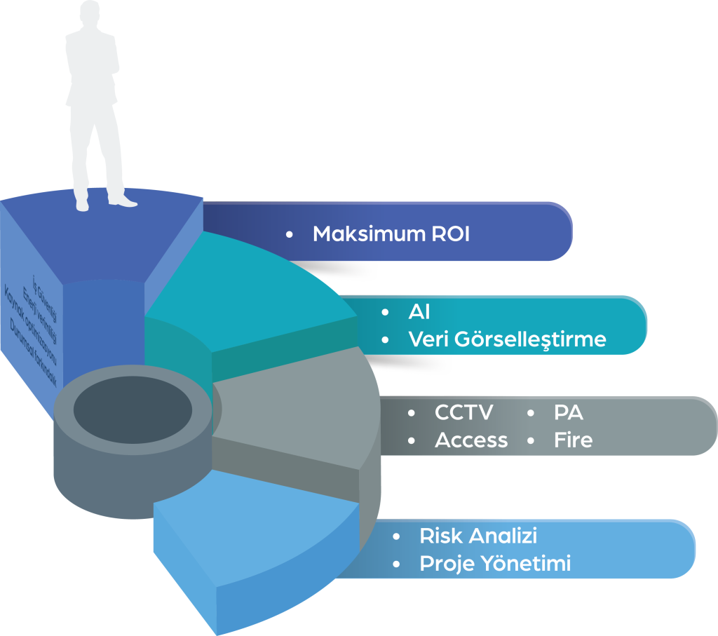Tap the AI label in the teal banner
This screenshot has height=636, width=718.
419,312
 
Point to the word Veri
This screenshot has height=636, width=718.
428,339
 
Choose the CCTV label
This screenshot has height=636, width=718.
463,412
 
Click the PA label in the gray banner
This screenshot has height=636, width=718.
568,412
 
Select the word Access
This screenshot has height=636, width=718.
471,440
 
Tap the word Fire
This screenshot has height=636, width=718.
573,440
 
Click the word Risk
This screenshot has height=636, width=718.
440,536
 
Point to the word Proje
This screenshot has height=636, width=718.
444,563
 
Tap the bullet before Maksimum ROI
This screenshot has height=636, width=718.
289,234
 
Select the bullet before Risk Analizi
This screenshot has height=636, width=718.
397,536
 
